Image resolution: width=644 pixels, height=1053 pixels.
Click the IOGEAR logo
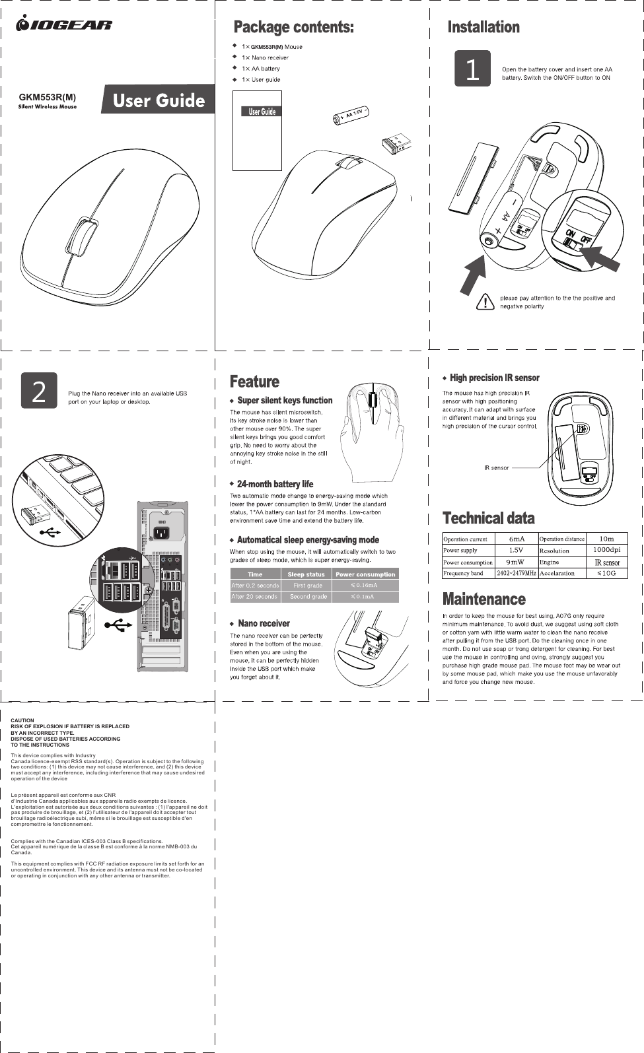pyautogui.click(x=64, y=24)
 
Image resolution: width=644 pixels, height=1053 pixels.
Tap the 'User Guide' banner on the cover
pyautogui.click(x=159, y=100)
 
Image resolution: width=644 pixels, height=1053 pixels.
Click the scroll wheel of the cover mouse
pyautogui.click(x=84, y=235)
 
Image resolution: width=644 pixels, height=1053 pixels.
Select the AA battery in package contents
pyautogui.click(x=349, y=116)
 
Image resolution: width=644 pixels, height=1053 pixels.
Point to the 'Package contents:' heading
pyautogui.click(x=294, y=27)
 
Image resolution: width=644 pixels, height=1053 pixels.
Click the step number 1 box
pyautogui.click(x=472, y=69)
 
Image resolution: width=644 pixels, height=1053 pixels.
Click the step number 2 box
pyautogui.click(x=39, y=391)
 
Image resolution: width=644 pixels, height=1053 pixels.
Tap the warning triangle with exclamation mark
pyautogui.click(x=486, y=302)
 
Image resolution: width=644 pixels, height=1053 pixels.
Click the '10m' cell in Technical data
pyautogui.click(x=606, y=539)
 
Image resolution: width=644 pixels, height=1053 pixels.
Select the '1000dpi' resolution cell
pyautogui.click(x=606, y=550)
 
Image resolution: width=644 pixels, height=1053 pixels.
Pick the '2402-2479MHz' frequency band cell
pyautogui.click(x=516, y=573)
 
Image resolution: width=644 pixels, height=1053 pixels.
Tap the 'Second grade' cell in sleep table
pyautogui.click(x=308, y=597)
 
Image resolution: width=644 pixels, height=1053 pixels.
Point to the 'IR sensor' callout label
pyautogui.click(x=496, y=467)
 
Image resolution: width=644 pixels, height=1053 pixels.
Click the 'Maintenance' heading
pyautogui.click(x=483, y=599)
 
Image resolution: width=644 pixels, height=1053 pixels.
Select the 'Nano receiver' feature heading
pyautogui.click(x=264, y=623)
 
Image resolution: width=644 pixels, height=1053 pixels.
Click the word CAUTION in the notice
pyautogui.click(x=22, y=721)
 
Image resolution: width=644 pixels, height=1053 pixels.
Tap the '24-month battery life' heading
pyautogui.click(x=275, y=484)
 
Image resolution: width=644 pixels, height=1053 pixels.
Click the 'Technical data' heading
pyautogui.click(x=488, y=518)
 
